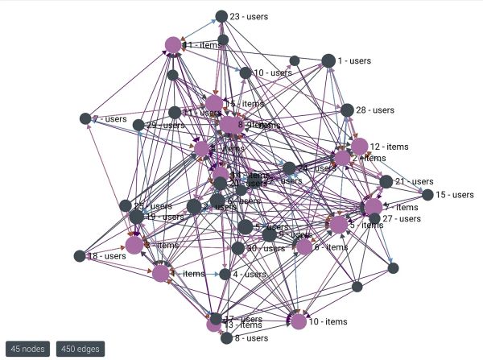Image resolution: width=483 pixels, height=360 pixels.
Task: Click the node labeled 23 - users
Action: pos(221,16)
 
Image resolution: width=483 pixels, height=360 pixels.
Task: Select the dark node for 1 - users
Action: pos(328,60)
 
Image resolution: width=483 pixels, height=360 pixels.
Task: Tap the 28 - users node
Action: pos(347,110)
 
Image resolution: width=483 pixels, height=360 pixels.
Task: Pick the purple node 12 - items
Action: pos(360,147)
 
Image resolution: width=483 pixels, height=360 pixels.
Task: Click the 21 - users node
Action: pos(386,182)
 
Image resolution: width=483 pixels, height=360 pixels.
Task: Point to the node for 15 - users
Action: pos(427,195)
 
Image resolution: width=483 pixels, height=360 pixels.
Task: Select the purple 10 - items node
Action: pos(299,321)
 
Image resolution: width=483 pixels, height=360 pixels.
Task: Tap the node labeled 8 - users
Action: pos(226,338)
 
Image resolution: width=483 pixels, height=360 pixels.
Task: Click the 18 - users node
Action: pos(79,256)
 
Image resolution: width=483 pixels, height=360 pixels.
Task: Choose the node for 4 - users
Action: pos(225,274)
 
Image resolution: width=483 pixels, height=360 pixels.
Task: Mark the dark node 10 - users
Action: pos(246,73)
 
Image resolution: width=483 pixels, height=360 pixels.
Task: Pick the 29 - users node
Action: pos(138,125)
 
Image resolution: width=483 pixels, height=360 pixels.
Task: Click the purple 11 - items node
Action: pos(172,45)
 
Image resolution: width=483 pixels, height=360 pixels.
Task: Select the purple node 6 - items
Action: pos(304,247)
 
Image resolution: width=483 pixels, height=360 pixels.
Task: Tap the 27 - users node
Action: pos(374,218)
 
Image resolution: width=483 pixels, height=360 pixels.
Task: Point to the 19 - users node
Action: pos(137,217)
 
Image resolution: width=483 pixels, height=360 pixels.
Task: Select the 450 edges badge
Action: pos(80,349)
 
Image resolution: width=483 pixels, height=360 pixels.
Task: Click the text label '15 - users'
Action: pos(454,195)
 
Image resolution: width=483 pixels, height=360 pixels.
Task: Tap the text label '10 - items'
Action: pos(328,322)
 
